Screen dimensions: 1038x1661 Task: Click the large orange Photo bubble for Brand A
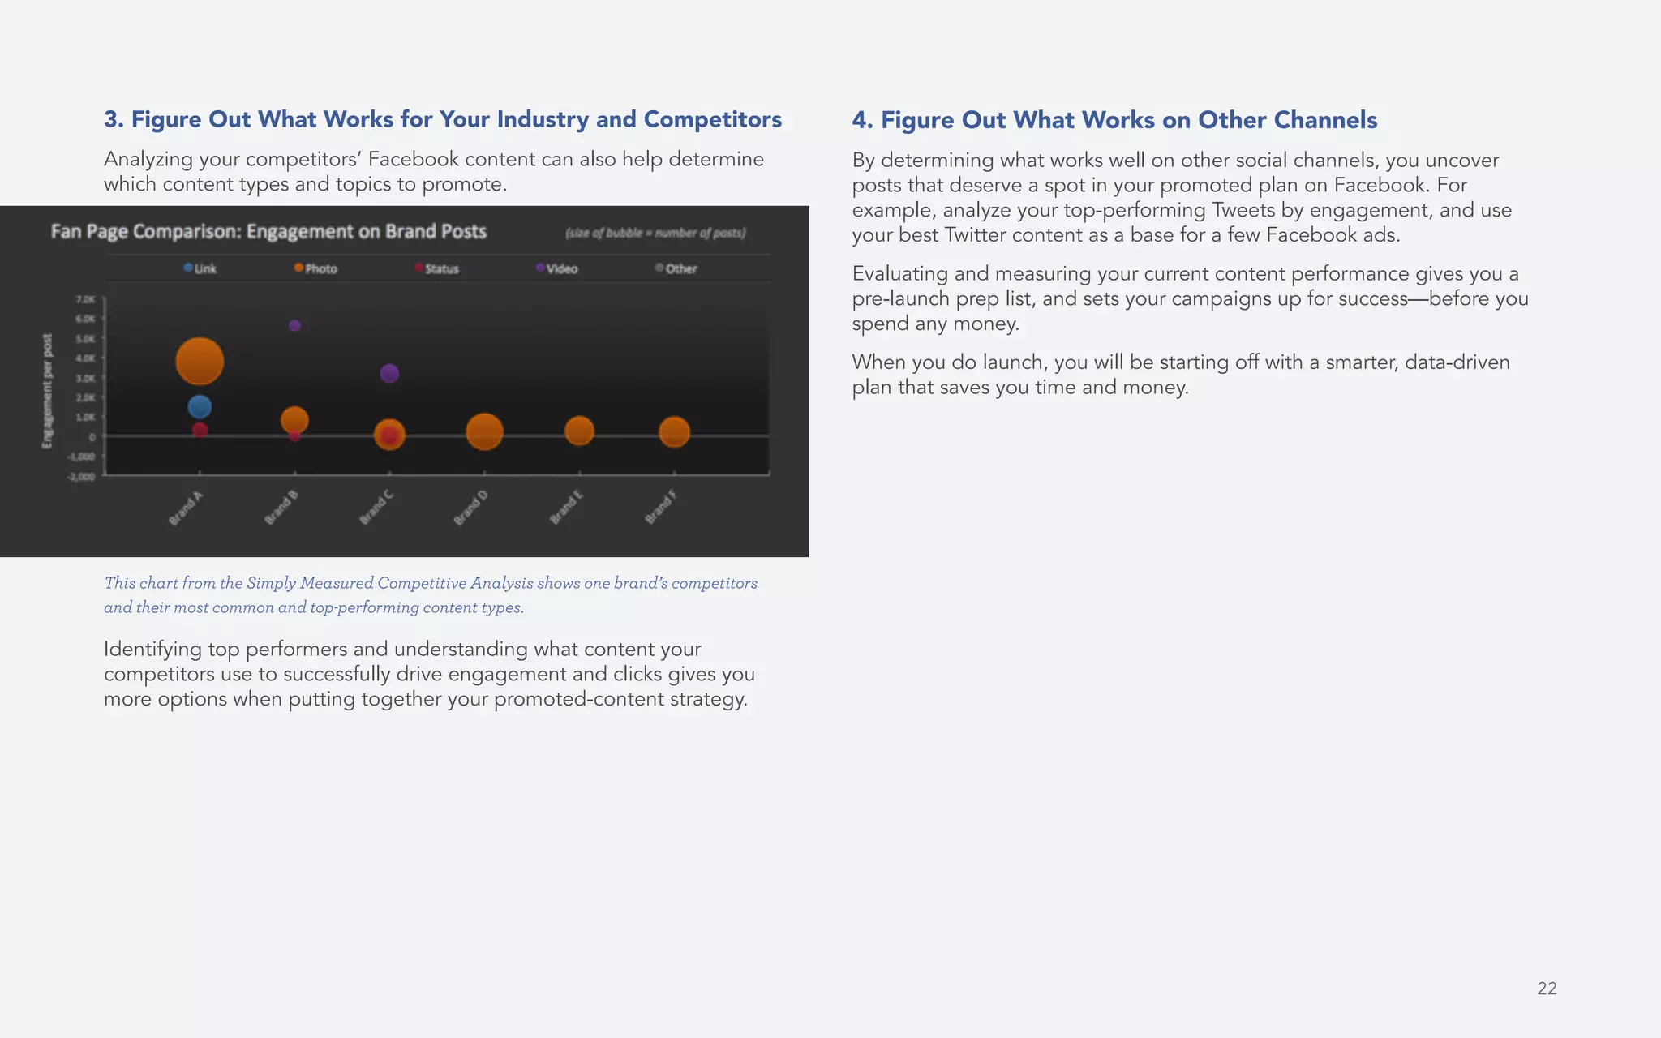[x=200, y=362]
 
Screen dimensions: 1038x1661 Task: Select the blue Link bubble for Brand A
[x=200, y=406]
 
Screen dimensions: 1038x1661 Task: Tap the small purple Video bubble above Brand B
[x=294, y=325]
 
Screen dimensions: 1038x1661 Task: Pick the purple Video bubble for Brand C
[x=389, y=373]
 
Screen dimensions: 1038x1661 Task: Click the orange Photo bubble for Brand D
[x=484, y=431]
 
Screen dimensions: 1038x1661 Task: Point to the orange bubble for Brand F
[x=674, y=432]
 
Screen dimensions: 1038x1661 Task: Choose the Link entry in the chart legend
[x=200, y=268]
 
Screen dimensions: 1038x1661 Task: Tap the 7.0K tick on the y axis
[x=85, y=300]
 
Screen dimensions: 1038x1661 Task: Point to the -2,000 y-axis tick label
[x=81, y=476]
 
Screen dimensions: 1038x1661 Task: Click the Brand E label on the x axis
[x=566, y=508]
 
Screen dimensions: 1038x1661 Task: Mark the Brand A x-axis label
[x=186, y=508]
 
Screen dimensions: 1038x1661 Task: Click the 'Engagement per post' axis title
[x=47, y=390]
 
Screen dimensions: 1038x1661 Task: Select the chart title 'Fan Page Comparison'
[x=268, y=232]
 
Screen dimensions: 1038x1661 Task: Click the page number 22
[x=1547, y=988]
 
